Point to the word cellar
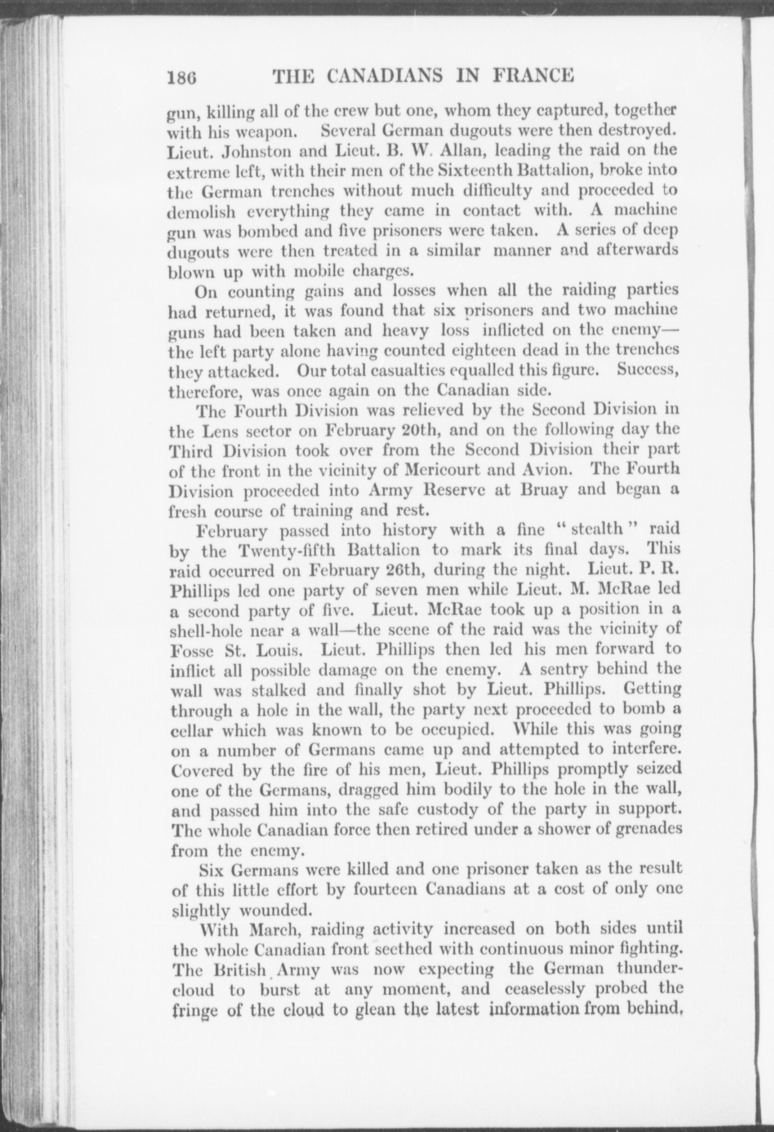pyautogui.click(x=193, y=730)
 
